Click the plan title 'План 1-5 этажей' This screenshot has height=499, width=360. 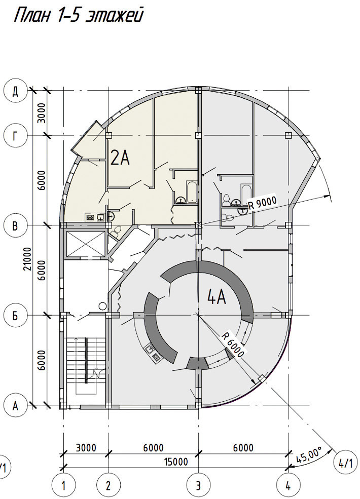point(79,16)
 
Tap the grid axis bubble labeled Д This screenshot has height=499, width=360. point(15,91)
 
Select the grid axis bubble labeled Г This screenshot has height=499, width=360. point(15,136)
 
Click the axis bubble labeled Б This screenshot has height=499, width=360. point(15,316)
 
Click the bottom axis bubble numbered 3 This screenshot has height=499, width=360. point(198,486)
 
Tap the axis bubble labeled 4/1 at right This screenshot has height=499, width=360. point(344,464)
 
